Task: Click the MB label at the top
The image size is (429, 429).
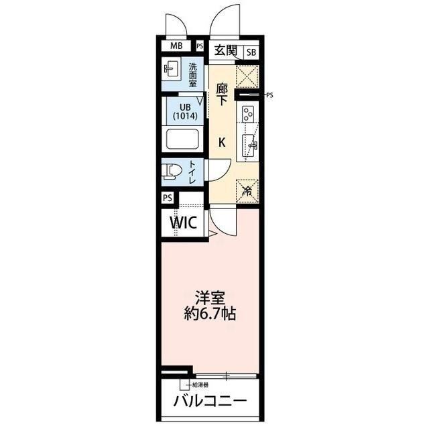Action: click(176, 46)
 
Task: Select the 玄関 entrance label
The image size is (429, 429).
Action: click(225, 50)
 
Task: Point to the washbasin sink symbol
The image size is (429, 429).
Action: click(172, 69)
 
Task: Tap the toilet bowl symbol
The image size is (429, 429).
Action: click(172, 171)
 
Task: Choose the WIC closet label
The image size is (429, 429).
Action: click(182, 223)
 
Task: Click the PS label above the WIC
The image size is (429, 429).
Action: click(168, 198)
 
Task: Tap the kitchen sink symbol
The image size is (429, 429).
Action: click(249, 143)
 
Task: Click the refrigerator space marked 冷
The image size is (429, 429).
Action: click(247, 190)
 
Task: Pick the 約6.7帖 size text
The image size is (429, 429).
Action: click(209, 313)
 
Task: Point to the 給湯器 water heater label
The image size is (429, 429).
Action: click(200, 385)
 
